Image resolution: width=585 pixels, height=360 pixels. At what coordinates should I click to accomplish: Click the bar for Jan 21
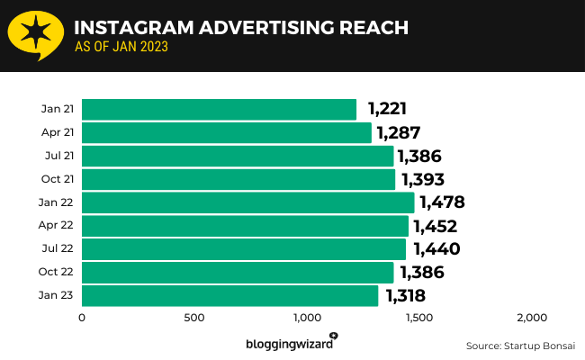[x=219, y=110]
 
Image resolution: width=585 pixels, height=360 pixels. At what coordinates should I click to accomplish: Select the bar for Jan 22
[x=247, y=202]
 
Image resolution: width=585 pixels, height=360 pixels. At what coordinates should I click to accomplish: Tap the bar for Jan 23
[x=229, y=295]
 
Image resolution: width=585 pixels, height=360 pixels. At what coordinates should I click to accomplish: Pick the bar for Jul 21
[x=238, y=157]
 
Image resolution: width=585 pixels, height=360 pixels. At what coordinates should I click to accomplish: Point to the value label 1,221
[x=387, y=110]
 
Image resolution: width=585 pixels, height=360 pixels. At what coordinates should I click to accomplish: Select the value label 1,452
[x=436, y=226]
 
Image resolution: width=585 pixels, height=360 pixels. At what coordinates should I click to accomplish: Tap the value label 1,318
[x=405, y=295]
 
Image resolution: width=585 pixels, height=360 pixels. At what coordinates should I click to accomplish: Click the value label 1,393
[x=423, y=179]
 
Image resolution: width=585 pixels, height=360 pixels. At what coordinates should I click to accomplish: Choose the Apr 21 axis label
[x=58, y=132]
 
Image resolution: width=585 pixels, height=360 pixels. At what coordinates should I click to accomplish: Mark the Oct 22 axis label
[x=58, y=272]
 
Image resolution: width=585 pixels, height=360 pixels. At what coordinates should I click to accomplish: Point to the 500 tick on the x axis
[x=194, y=318]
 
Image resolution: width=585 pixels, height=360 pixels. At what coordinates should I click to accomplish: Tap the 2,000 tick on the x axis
[x=532, y=318]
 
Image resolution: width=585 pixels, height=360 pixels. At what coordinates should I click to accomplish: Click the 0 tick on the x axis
[x=82, y=318]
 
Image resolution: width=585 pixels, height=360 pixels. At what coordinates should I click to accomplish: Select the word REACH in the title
[x=367, y=27]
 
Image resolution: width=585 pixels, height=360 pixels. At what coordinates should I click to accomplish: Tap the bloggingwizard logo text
[x=288, y=344]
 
